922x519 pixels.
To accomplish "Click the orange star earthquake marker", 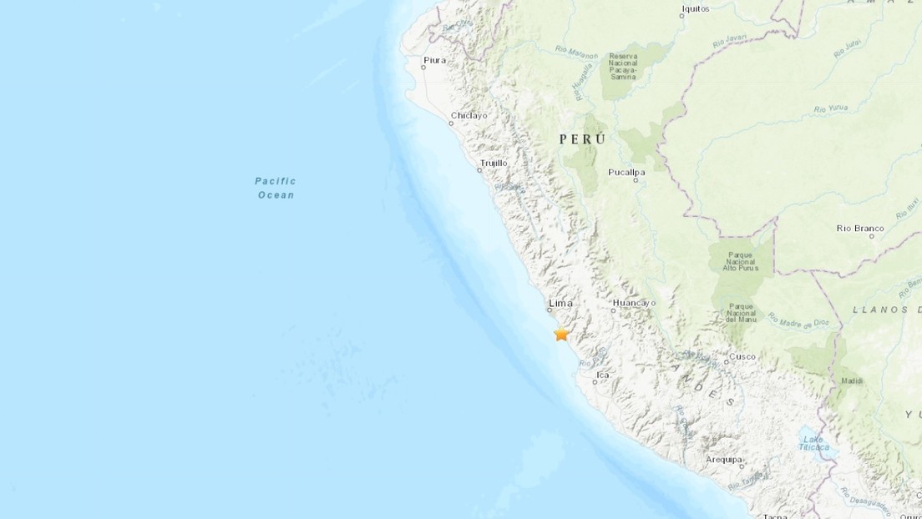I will tap(561, 334).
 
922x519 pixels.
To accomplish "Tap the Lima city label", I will tap(560, 303).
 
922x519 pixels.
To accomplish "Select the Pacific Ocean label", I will tap(276, 188).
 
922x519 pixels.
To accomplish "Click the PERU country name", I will tap(583, 139).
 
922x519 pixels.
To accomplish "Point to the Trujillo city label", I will tap(494, 163).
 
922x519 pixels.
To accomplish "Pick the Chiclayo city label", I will tap(469, 116).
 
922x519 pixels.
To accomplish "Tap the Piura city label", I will tap(435, 60).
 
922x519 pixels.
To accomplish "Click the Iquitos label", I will tap(695, 9).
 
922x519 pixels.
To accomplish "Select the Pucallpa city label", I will tap(628, 172).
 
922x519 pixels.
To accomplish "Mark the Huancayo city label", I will tap(634, 303).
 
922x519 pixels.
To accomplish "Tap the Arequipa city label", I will tap(723, 459).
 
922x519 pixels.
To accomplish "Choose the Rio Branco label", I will tap(859, 228).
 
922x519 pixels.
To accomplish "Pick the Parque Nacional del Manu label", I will tap(741, 313).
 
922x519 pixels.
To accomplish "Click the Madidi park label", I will tap(853, 380).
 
